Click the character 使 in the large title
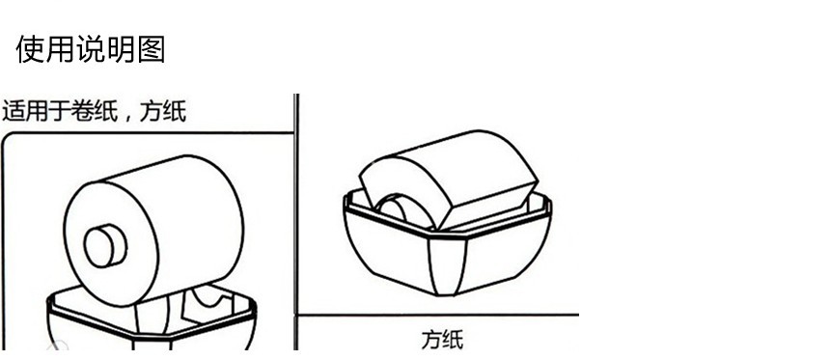click(31, 49)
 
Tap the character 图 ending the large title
click(151, 49)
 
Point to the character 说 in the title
click(91, 49)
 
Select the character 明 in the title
click(121, 49)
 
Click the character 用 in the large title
click(61, 49)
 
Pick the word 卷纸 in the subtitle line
click(95, 111)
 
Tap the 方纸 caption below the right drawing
click(442, 339)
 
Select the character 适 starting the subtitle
click(13, 111)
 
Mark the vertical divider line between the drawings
click(295, 212)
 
